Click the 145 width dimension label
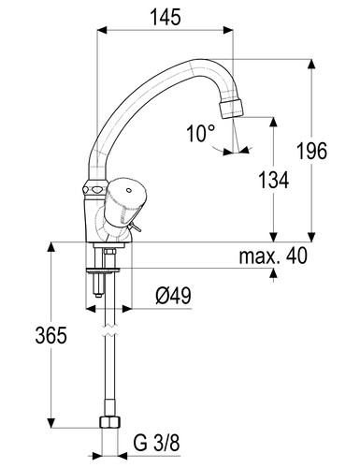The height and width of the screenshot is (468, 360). pos(166,17)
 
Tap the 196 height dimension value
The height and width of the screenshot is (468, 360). pos(311,151)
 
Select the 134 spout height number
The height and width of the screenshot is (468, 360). pos(274,180)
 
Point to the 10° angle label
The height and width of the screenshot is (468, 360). pos(201,133)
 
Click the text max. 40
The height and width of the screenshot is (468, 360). pos(273,256)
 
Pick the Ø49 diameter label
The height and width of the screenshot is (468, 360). pos(173,296)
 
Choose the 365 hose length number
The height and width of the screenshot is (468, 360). pos(50,335)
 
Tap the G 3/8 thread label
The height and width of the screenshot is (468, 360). pos(157,443)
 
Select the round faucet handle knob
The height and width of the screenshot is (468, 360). pos(124,200)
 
